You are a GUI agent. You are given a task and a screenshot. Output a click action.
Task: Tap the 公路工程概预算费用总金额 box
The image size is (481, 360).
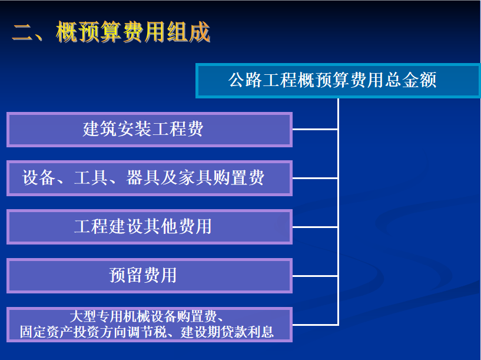pyautogui.click(x=338, y=81)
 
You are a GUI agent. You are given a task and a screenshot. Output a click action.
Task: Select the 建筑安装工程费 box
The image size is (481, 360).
pyautogui.click(x=150, y=130)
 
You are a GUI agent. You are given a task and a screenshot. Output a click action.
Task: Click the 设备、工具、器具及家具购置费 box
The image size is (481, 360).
pyautogui.click(x=150, y=178)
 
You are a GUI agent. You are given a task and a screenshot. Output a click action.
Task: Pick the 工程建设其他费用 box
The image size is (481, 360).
pyautogui.click(x=150, y=227)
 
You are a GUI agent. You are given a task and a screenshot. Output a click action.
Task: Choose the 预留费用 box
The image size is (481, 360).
pyautogui.click(x=150, y=276)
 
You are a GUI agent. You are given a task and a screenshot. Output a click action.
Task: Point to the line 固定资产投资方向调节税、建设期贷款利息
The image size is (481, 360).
pyautogui.click(x=147, y=332)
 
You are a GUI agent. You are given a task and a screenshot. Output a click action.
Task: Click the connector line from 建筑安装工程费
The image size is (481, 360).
pyautogui.click(x=316, y=130)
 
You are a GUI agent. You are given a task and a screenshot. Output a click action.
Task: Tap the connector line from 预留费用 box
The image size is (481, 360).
pyautogui.click(x=316, y=276)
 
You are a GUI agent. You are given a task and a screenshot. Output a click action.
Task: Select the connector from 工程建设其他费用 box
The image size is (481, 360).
pyautogui.click(x=316, y=227)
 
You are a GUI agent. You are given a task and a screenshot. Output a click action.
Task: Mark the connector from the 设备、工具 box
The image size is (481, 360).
pyautogui.click(x=316, y=178)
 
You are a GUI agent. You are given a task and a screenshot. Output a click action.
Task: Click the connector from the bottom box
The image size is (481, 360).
pyautogui.click(x=316, y=325)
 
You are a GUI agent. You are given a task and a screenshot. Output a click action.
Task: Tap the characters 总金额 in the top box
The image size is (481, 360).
pyautogui.click(x=411, y=80)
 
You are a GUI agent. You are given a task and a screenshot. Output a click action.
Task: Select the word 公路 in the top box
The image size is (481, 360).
pyautogui.click(x=245, y=80)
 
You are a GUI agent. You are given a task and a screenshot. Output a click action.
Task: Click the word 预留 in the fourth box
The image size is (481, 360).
pyautogui.click(x=126, y=275)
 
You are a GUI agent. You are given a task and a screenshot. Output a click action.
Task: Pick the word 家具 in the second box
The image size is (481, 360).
pyautogui.click(x=195, y=177)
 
